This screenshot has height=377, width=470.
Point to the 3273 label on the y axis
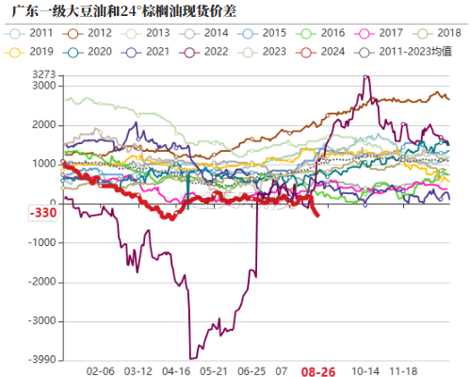(x=43, y=74)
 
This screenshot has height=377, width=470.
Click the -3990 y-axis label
(x=41, y=360)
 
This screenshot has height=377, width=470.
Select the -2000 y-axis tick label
(x=41, y=282)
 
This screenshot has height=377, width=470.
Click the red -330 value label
(x=41, y=214)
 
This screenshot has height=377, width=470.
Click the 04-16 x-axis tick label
(x=176, y=371)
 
